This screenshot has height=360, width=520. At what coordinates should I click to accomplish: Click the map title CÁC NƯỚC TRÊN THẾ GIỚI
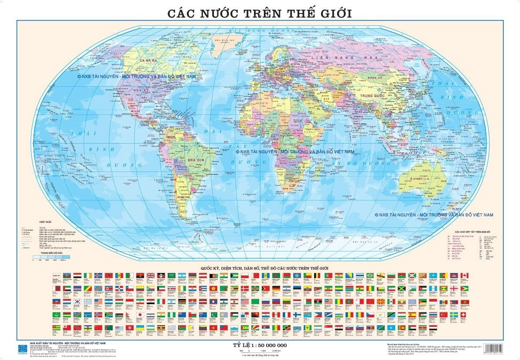pos(260,13)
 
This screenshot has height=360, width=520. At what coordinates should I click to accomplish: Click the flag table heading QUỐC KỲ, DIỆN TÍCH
pos(260,269)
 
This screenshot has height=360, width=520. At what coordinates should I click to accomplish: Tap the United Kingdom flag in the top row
pos(151,276)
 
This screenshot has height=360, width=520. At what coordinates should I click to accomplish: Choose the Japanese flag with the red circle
pos(140,314)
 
